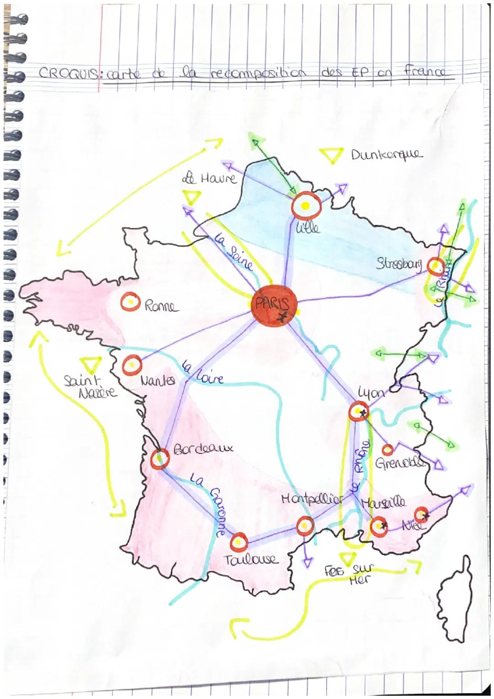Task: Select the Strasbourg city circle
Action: (435, 265)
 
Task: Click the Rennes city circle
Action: (130, 302)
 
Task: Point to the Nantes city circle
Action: (132, 364)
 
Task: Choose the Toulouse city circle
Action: (238, 542)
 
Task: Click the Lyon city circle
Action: (357, 412)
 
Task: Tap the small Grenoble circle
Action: (387, 450)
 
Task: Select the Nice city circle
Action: (422, 515)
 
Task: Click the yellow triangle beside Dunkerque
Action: (332, 156)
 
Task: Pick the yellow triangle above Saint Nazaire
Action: (91, 365)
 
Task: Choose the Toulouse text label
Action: (251, 559)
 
